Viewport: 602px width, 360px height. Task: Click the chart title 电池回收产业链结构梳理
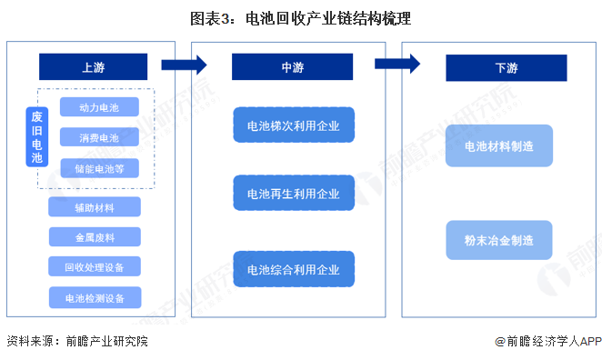pos(300,18)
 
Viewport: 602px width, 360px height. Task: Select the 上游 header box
pos(93,66)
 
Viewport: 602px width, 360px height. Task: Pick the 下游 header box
pos(499,67)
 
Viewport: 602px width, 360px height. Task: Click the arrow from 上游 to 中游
pos(183,65)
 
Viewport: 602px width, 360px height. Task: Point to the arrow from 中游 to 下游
pos(396,64)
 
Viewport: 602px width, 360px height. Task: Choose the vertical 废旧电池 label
pos(37,137)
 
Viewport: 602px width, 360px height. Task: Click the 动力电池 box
pos(100,107)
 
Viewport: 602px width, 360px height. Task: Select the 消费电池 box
pos(100,138)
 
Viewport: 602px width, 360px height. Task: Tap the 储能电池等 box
pos(100,168)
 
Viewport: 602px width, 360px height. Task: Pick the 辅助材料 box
pos(95,207)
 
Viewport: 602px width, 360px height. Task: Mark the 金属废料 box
pos(95,236)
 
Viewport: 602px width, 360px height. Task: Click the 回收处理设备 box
pos(95,266)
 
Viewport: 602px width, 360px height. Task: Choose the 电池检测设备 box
pos(95,296)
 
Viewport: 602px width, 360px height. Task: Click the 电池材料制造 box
pos(499,145)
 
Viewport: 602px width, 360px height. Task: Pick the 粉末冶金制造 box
pos(499,241)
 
